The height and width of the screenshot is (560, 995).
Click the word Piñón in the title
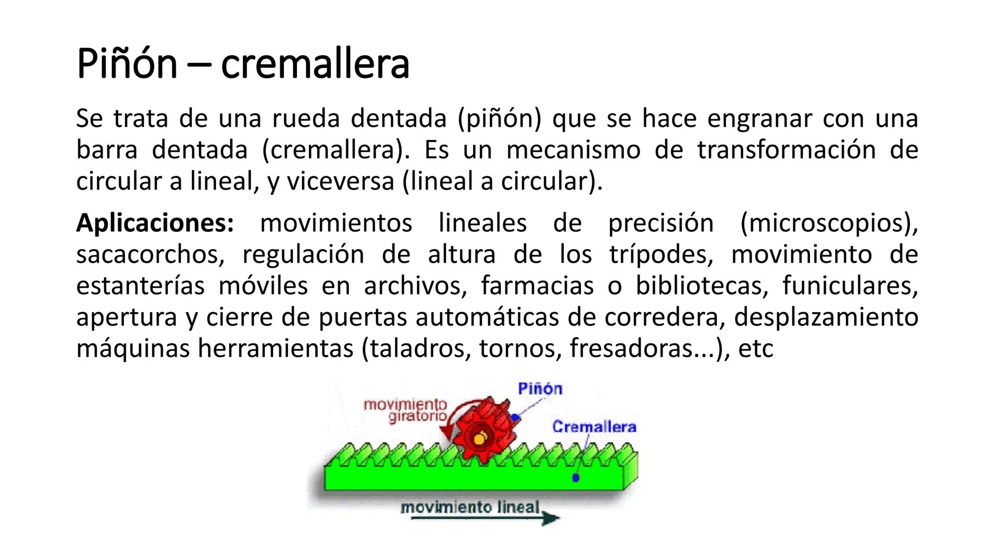click(x=127, y=64)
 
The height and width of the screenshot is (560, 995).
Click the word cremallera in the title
click(x=315, y=64)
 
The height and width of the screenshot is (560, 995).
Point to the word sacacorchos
click(x=150, y=255)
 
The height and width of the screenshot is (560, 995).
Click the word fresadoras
click(x=631, y=348)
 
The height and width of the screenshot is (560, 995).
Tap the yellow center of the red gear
click(x=479, y=439)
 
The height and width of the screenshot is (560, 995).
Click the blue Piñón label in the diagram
click(x=540, y=388)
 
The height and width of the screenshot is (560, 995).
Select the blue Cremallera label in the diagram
click(x=594, y=427)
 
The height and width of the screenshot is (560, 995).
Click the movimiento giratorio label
click(x=405, y=410)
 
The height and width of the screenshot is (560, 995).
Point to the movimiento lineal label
click(x=471, y=507)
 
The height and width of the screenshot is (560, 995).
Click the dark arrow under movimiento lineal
click(x=485, y=518)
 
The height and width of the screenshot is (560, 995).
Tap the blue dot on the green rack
click(x=575, y=478)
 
